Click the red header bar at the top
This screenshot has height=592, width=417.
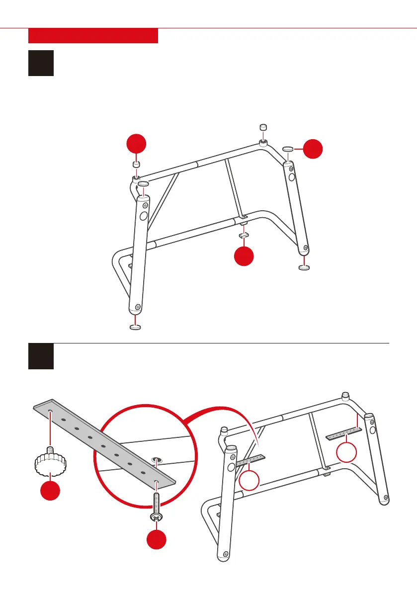[93, 36]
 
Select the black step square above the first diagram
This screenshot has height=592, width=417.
[41, 63]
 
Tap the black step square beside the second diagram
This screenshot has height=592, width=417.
[41, 356]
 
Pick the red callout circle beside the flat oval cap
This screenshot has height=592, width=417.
[313, 149]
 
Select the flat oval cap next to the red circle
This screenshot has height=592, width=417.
[288, 148]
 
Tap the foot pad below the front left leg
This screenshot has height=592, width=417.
[135, 327]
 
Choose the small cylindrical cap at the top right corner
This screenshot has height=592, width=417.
[264, 127]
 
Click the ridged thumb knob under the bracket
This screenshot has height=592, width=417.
[50, 462]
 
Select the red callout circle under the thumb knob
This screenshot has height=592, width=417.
[50, 490]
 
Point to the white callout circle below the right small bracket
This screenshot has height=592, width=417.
[346, 453]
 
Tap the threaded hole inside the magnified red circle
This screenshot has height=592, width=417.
[157, 459]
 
